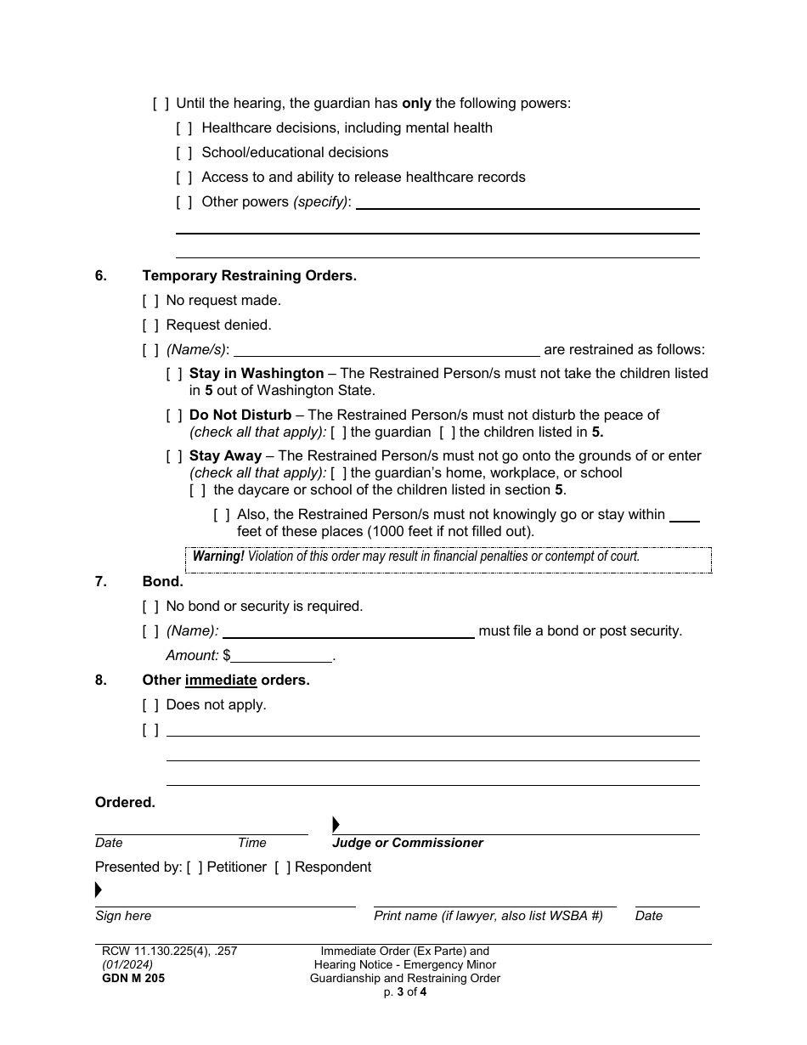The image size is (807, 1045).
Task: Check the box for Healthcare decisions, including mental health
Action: coord(184,128)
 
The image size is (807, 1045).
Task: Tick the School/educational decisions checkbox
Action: coord(184,153)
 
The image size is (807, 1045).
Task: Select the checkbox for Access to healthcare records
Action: coord(184,178)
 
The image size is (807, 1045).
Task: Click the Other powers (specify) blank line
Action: coord(527,203)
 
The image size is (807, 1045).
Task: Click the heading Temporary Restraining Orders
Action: coord(249,276)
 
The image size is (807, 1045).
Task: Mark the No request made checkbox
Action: coord(150,301)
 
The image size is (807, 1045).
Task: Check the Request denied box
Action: coord(150,325)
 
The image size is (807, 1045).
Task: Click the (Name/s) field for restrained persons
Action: coord(386,350)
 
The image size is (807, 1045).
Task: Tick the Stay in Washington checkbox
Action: coord(174,374)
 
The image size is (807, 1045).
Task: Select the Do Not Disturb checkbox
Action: coord(174,415)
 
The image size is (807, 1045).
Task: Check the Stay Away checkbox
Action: coord(174,456)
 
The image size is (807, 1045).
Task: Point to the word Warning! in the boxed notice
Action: coord(218,556)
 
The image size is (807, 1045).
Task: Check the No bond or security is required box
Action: coord(150,607)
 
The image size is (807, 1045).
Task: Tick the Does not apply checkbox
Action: coord(150,705)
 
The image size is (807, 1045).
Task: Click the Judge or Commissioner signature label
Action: coord(408,843)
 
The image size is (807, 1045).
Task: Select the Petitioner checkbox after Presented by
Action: coord(195,867)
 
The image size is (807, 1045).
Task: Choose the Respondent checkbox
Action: coord(282,867)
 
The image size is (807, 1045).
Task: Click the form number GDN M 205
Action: coord(130,978)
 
